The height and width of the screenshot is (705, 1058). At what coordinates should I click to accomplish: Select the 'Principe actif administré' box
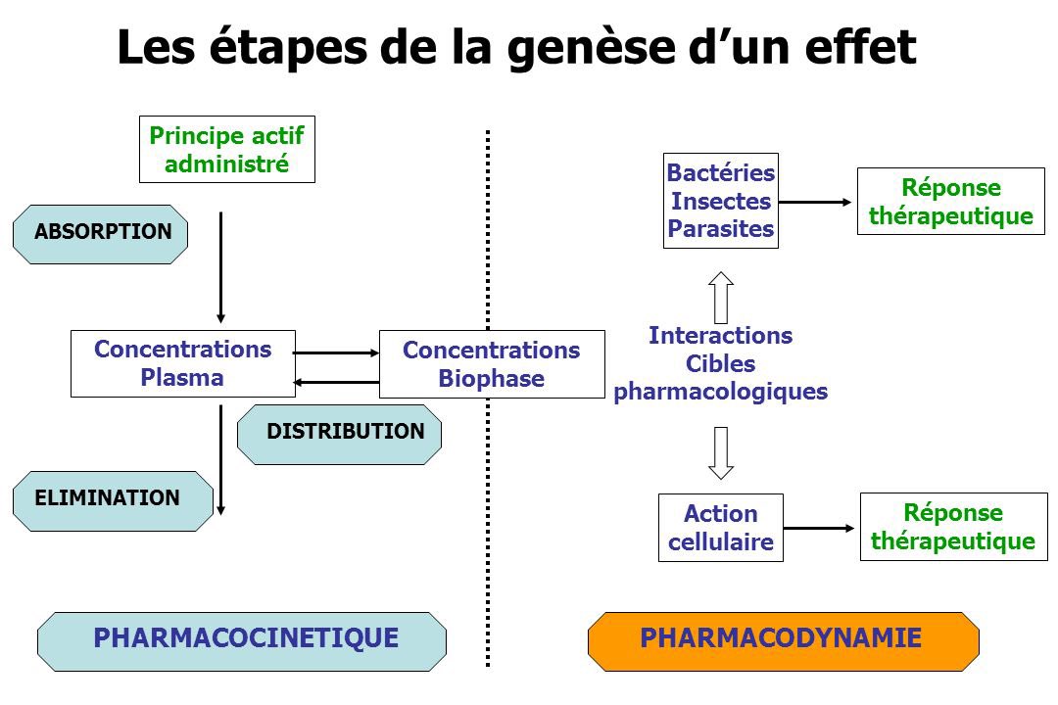coord(227,149)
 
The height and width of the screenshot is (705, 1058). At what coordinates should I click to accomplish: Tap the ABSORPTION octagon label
coord(101,232)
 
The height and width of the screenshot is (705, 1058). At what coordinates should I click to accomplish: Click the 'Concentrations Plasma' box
coord(182,363)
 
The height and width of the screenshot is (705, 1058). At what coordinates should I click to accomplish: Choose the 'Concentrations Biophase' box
coord(491,364)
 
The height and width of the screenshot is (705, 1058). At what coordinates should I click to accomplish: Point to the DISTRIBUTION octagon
coord(340,432)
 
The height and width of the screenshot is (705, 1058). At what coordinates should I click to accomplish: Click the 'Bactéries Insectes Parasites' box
coord(720,201)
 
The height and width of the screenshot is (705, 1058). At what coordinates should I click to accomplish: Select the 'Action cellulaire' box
coord(720,527)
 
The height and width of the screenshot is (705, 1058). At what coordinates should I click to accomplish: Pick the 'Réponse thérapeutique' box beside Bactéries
coord(950,202)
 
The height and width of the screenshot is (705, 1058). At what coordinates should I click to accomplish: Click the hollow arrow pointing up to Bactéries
coord(721,297)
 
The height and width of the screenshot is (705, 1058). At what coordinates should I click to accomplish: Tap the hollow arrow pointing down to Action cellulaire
coord(721,452)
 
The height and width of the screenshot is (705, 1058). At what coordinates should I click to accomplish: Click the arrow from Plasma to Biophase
coord(336,352)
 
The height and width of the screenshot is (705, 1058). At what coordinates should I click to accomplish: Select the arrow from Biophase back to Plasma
coord(336,382)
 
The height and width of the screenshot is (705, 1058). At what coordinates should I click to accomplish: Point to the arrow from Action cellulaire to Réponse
coord(819,529)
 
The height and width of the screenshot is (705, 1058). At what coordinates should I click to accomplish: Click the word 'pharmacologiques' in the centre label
coord(720,393)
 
